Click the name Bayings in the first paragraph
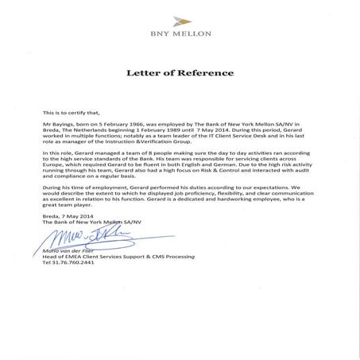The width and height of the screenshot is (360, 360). [64, 126]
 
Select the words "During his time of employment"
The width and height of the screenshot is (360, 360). [85, 203]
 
